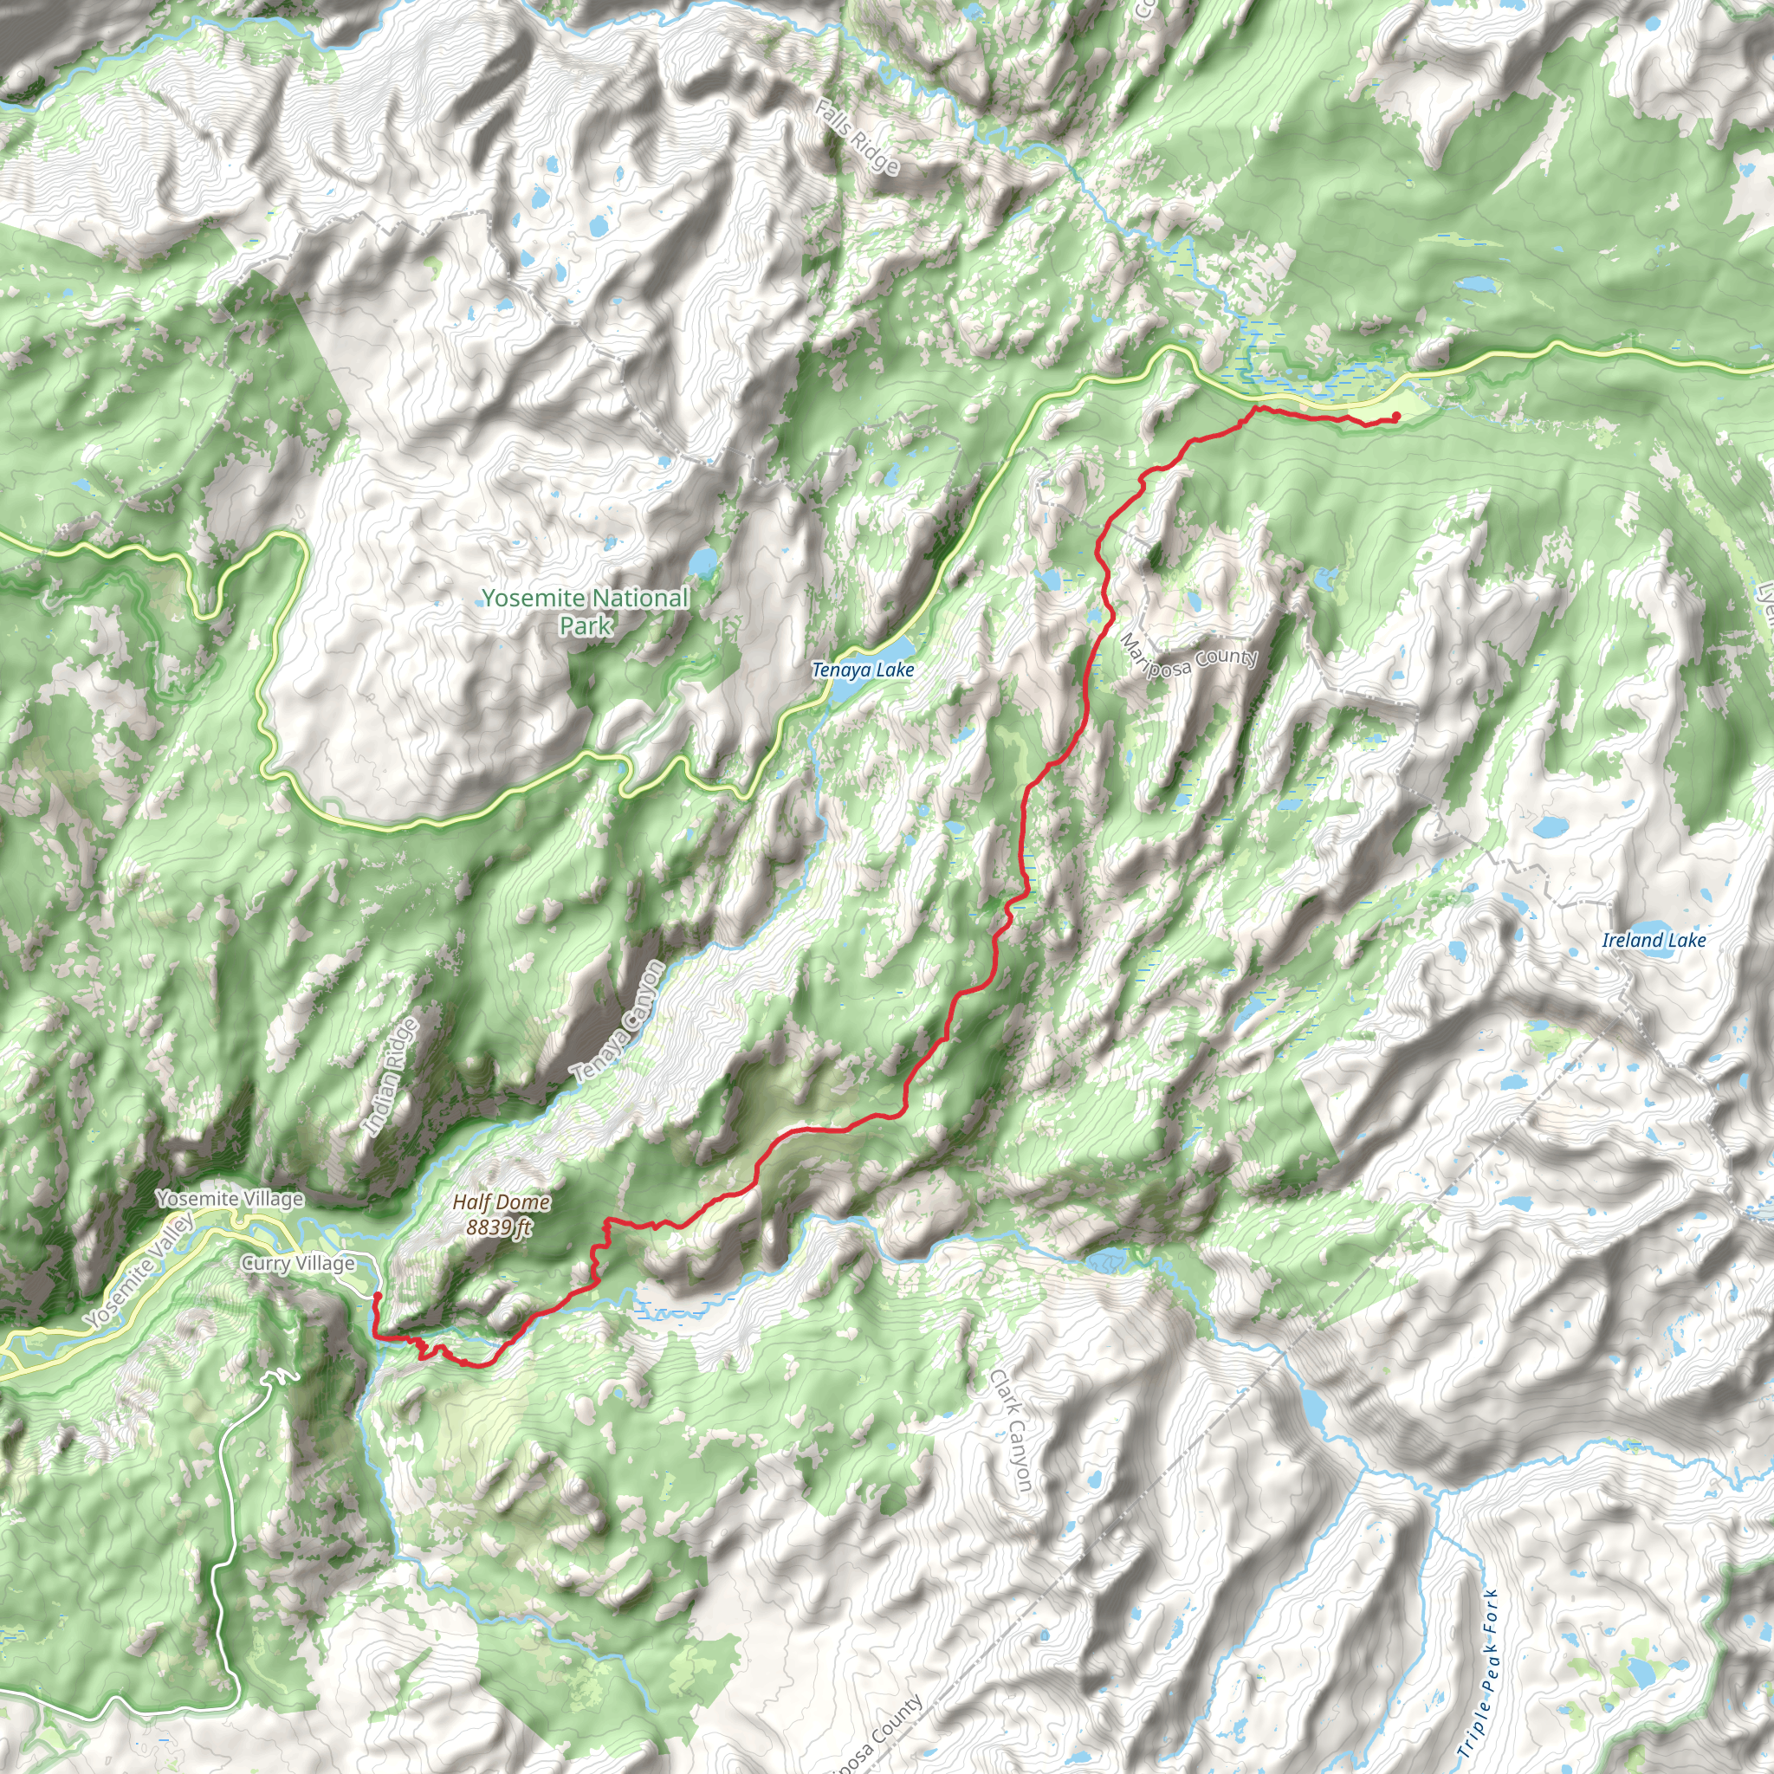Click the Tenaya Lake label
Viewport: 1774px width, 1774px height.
coord(862,670)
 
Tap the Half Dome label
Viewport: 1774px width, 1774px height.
coord(502,1202)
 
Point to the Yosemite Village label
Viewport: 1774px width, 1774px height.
coord(230,1198)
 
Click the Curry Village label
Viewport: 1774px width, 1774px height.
coord(297,1264)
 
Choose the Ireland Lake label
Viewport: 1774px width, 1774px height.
coord(1654,939)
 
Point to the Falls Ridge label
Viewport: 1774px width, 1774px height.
coord(857,138)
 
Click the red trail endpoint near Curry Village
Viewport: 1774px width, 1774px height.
coord(377,1297)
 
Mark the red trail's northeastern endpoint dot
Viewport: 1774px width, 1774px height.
coord(1395,416)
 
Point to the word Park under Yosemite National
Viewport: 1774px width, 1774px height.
coord(586,625)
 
